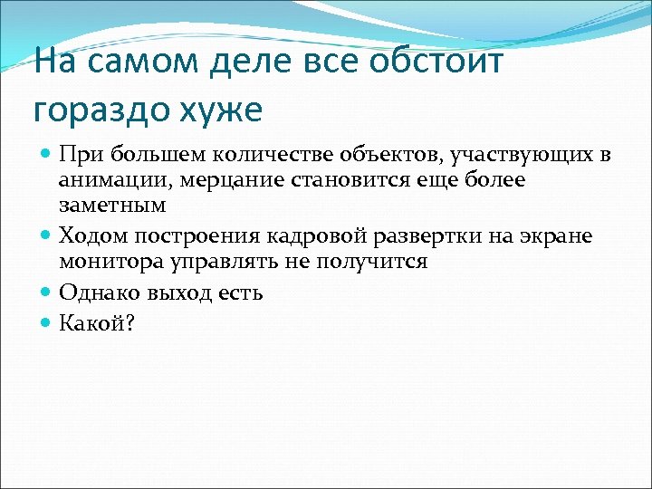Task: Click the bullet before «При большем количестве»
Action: click(x=47, y=155)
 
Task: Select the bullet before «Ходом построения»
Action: click(x=47, y=236)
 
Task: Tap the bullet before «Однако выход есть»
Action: click(x=47, y=292)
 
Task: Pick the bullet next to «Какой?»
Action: click(x=47, y=321)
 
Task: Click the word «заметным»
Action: click(x=112, y=206)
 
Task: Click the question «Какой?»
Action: click(x=96, y=321)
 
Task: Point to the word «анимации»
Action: click(x=107, y=180)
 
